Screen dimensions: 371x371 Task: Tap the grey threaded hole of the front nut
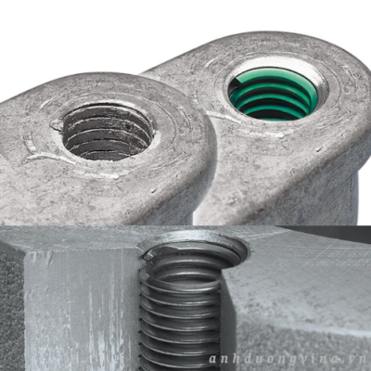(x=108, y=132)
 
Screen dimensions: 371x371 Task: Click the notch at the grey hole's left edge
(x=57, y=124)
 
